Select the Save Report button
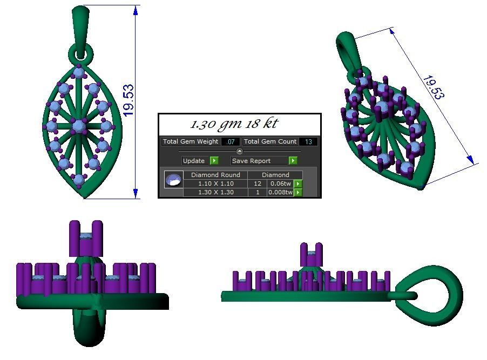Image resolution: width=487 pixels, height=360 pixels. [x=264, y=161]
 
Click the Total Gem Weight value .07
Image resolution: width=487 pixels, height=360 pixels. [x=231, y=141]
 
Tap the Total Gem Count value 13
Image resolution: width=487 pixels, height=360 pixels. [x=308, y=141]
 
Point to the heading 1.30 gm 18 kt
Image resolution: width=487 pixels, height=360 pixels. [x=234, y=124]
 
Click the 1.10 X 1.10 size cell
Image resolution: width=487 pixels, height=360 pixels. [x=215, y=184]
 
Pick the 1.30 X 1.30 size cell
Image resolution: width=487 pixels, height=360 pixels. [x=215, y=192]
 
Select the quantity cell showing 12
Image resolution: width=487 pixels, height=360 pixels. [x=258, y=184]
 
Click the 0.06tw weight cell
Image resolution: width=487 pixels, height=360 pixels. [x=280, y=184]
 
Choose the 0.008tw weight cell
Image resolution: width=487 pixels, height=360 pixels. [x=280, y=192]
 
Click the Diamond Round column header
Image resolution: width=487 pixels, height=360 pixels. [x=215, y=175]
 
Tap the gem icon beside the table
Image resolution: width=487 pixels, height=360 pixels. [x=173, y=180]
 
